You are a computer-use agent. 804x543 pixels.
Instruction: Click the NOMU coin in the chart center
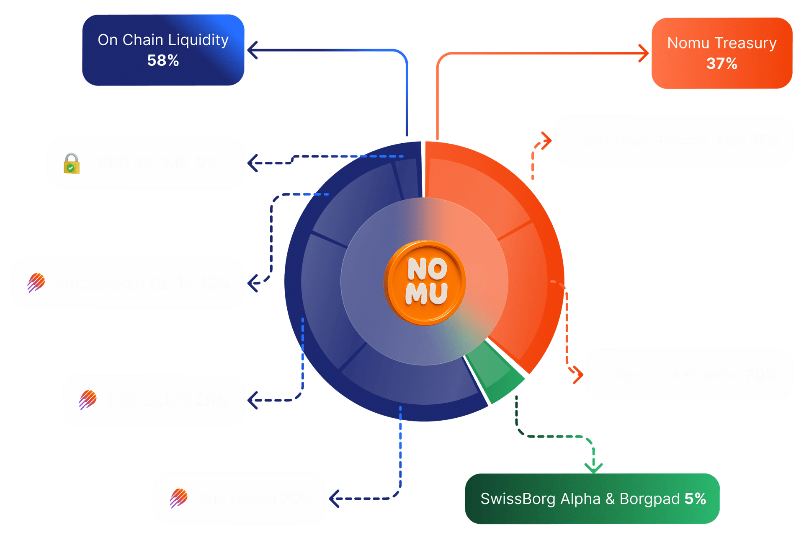[x=425, y=282]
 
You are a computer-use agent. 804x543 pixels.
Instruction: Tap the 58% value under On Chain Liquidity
[x=163, y=60]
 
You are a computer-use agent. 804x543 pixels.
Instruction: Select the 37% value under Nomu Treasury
[x=722, y=63]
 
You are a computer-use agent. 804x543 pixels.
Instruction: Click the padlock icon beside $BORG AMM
[x=71, y=163]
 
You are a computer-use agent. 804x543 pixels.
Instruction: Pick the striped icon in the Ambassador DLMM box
[x=36, y=282]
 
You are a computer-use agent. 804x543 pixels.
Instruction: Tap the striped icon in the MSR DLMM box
[x=88, y=400]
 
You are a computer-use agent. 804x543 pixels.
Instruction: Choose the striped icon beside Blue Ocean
[x=179, y=498]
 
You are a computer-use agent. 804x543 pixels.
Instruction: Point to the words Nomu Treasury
[x=722, y=43]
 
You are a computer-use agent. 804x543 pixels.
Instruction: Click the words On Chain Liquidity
[x=163, y=40]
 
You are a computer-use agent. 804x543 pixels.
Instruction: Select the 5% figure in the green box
[x=695, y=499]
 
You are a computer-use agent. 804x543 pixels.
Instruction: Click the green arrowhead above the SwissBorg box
[x=593, y=467]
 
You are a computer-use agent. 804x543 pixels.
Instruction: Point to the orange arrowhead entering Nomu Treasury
[x=644, y=53]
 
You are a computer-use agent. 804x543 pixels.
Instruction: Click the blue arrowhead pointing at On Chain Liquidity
[x=253, y=50]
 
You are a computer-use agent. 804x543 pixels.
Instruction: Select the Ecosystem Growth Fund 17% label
[x=673, y=141]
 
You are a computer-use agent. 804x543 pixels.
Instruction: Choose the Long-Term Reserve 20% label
[x=689, y=375]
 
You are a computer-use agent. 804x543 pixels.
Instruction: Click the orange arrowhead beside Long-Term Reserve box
[x=578, y=374]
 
